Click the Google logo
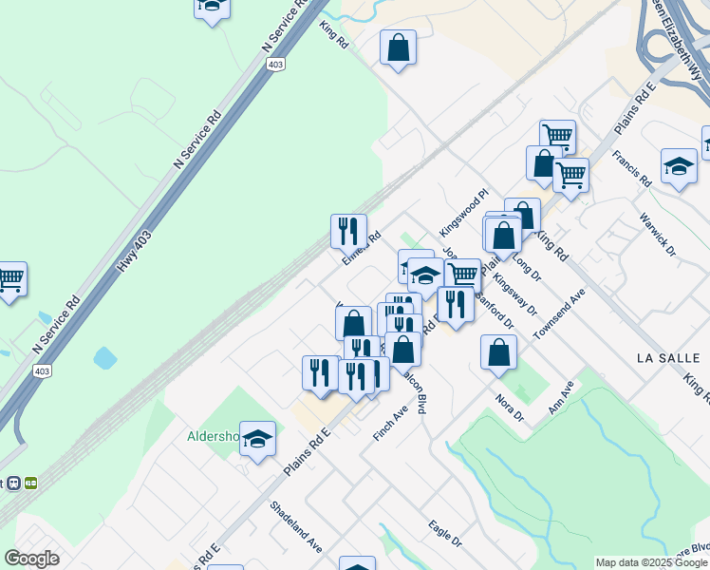coord(31,559)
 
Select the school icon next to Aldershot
coord(257,439)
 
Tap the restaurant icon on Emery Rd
coord(348,230)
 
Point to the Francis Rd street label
coord(631,168)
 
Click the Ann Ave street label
coord(562,397)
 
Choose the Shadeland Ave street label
coord(296,527)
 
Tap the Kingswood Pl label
coord(462,214)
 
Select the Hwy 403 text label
coord(133,252)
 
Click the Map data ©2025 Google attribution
coord(651,562)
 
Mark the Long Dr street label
coord(525,266)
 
